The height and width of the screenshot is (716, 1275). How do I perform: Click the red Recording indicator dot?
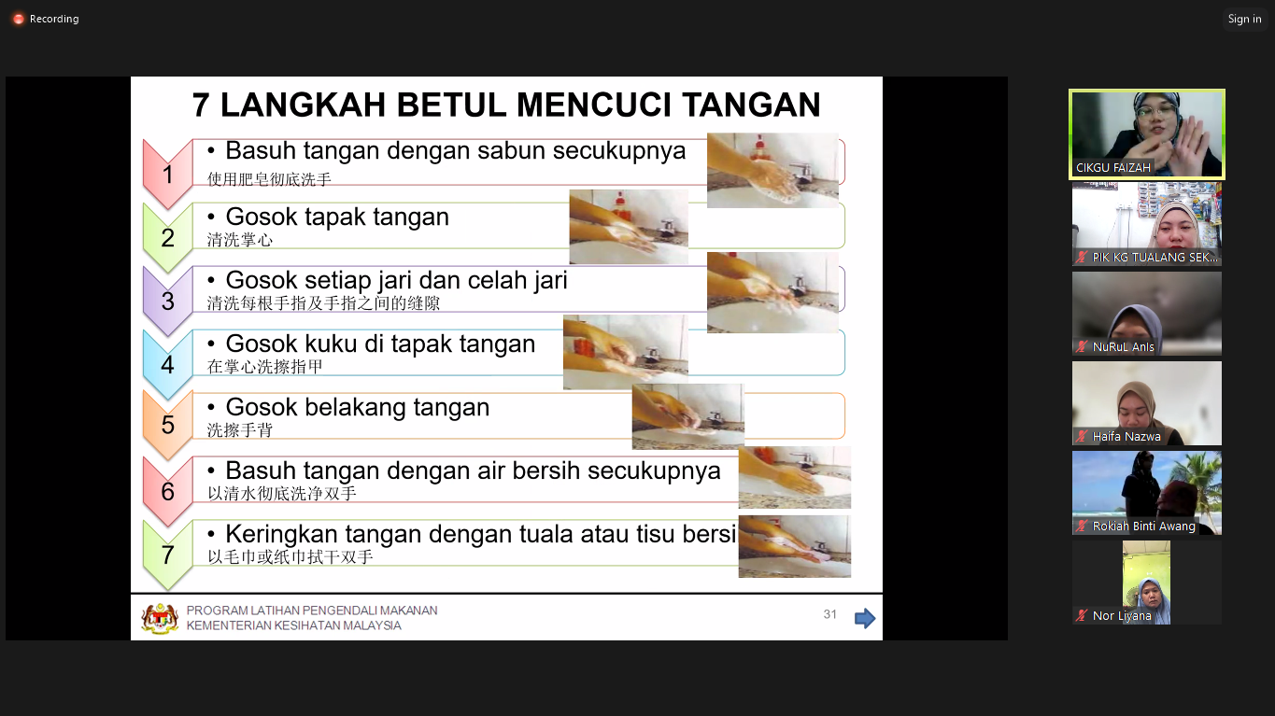click(19, 20)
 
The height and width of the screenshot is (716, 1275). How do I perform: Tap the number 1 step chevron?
click(167, 174)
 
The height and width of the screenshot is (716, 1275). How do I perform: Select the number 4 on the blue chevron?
click(167, 365)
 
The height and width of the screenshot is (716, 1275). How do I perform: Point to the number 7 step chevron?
click(167, 555)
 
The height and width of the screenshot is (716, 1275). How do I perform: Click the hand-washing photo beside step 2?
click(629, 227)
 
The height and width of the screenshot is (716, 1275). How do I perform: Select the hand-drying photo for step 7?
click(795, 546)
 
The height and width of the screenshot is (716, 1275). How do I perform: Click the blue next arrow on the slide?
click(865, 618)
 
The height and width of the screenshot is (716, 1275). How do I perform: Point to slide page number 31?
click(829, 614)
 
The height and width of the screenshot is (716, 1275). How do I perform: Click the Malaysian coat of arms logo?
click(160, 618)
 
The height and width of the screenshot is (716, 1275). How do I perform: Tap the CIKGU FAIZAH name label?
click(1112, 168)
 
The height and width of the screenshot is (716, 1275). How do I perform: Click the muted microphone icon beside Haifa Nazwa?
click(1081, 437)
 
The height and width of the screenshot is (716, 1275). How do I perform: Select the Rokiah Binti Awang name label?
click(1143, 526)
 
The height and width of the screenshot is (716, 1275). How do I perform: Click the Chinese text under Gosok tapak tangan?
click(240, 240)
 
